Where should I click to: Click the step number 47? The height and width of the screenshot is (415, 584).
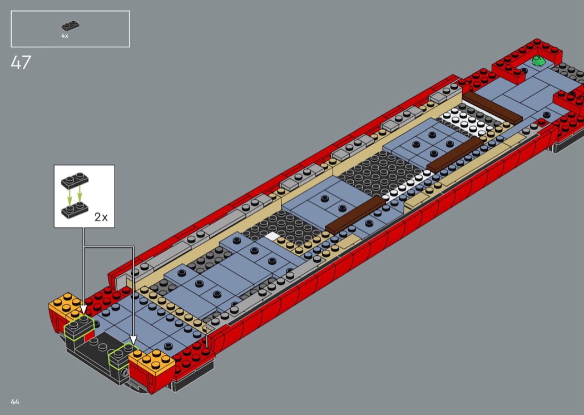(x=21, y=62)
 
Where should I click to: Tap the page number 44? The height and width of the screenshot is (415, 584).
(x=15, y=402)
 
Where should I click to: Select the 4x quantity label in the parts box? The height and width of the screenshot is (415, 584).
(x=65, y=36)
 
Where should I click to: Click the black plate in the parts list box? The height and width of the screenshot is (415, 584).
(x=70, y=26)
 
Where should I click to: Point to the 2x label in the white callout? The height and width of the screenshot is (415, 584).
(x=101, y=217)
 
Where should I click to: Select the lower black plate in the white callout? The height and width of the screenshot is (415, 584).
(x=75, y=211)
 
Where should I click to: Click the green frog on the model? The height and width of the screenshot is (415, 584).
(x=538, y=60)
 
